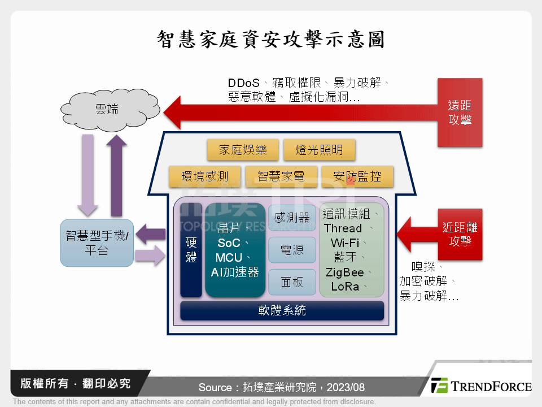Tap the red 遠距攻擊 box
460,112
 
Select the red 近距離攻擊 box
460,234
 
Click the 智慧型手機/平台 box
97,243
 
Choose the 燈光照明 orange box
320,150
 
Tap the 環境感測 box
204,176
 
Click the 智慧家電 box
281,176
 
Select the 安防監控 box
357,176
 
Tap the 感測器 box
292,217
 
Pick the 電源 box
292,249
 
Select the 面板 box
292,282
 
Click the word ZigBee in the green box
345,272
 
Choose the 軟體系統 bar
282,310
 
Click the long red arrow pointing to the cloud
299,112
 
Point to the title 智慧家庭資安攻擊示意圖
271,39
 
